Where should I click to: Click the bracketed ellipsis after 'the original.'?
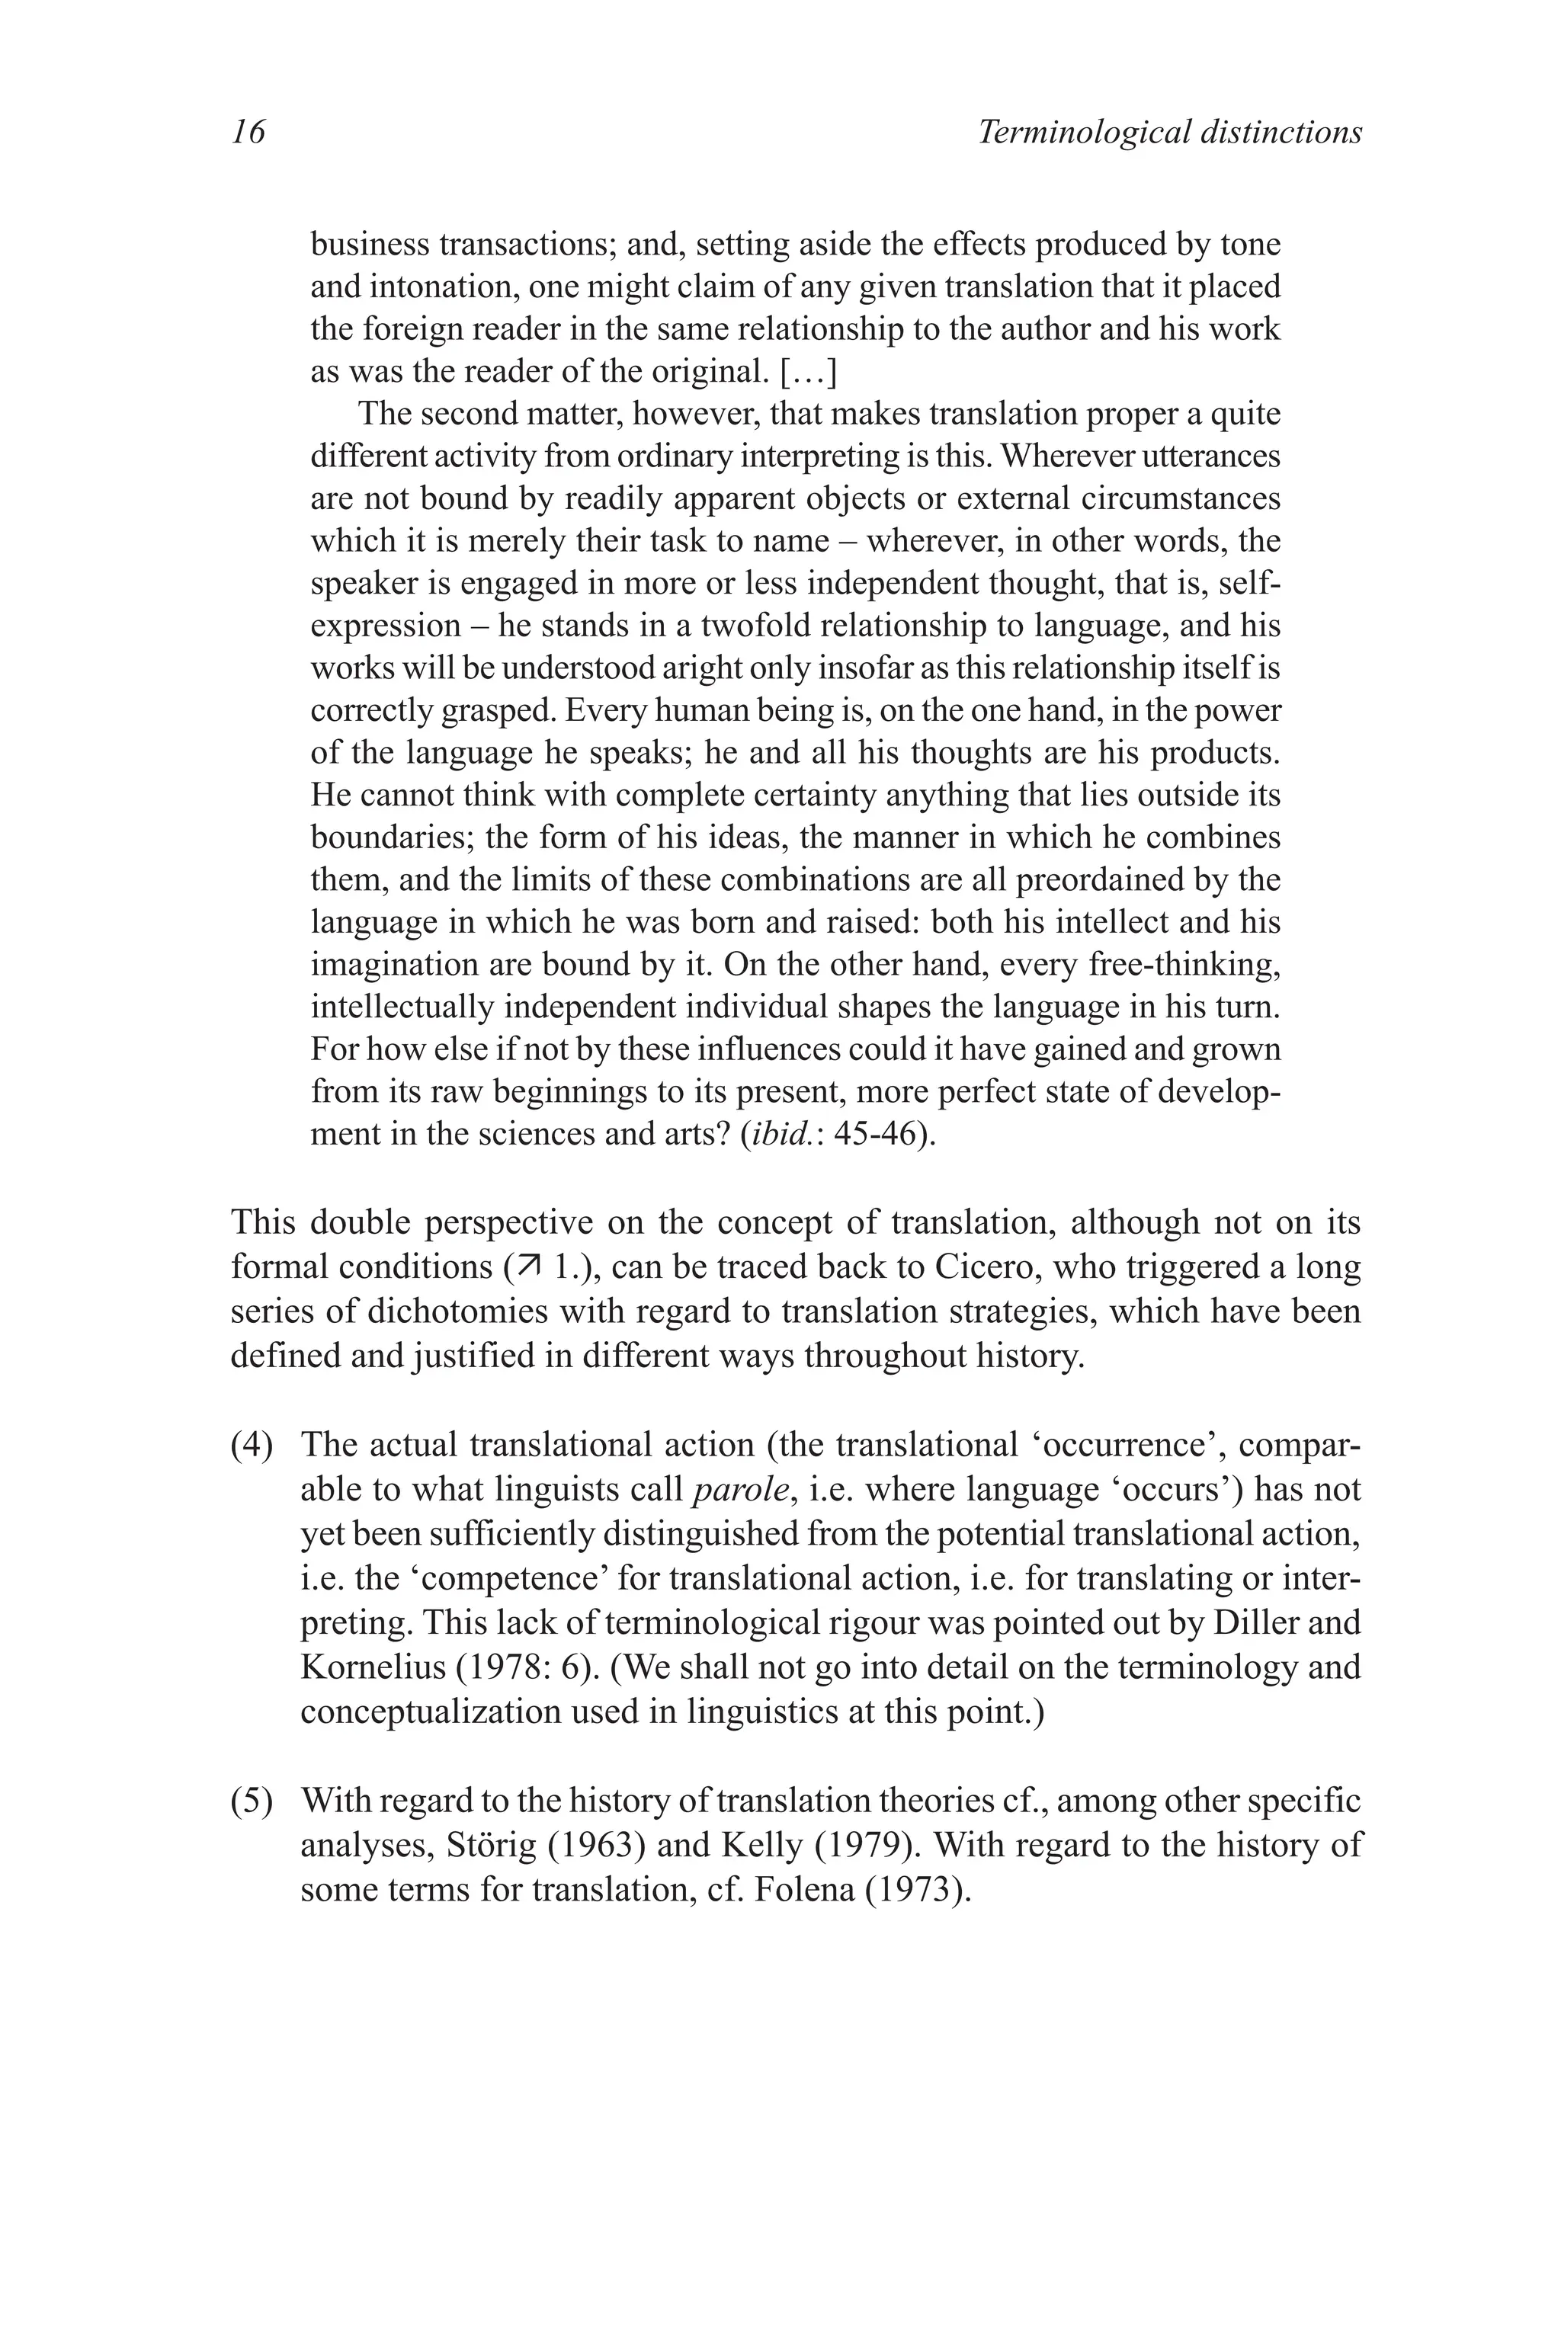(807, 371)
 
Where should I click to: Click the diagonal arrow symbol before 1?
(524, 1268)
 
